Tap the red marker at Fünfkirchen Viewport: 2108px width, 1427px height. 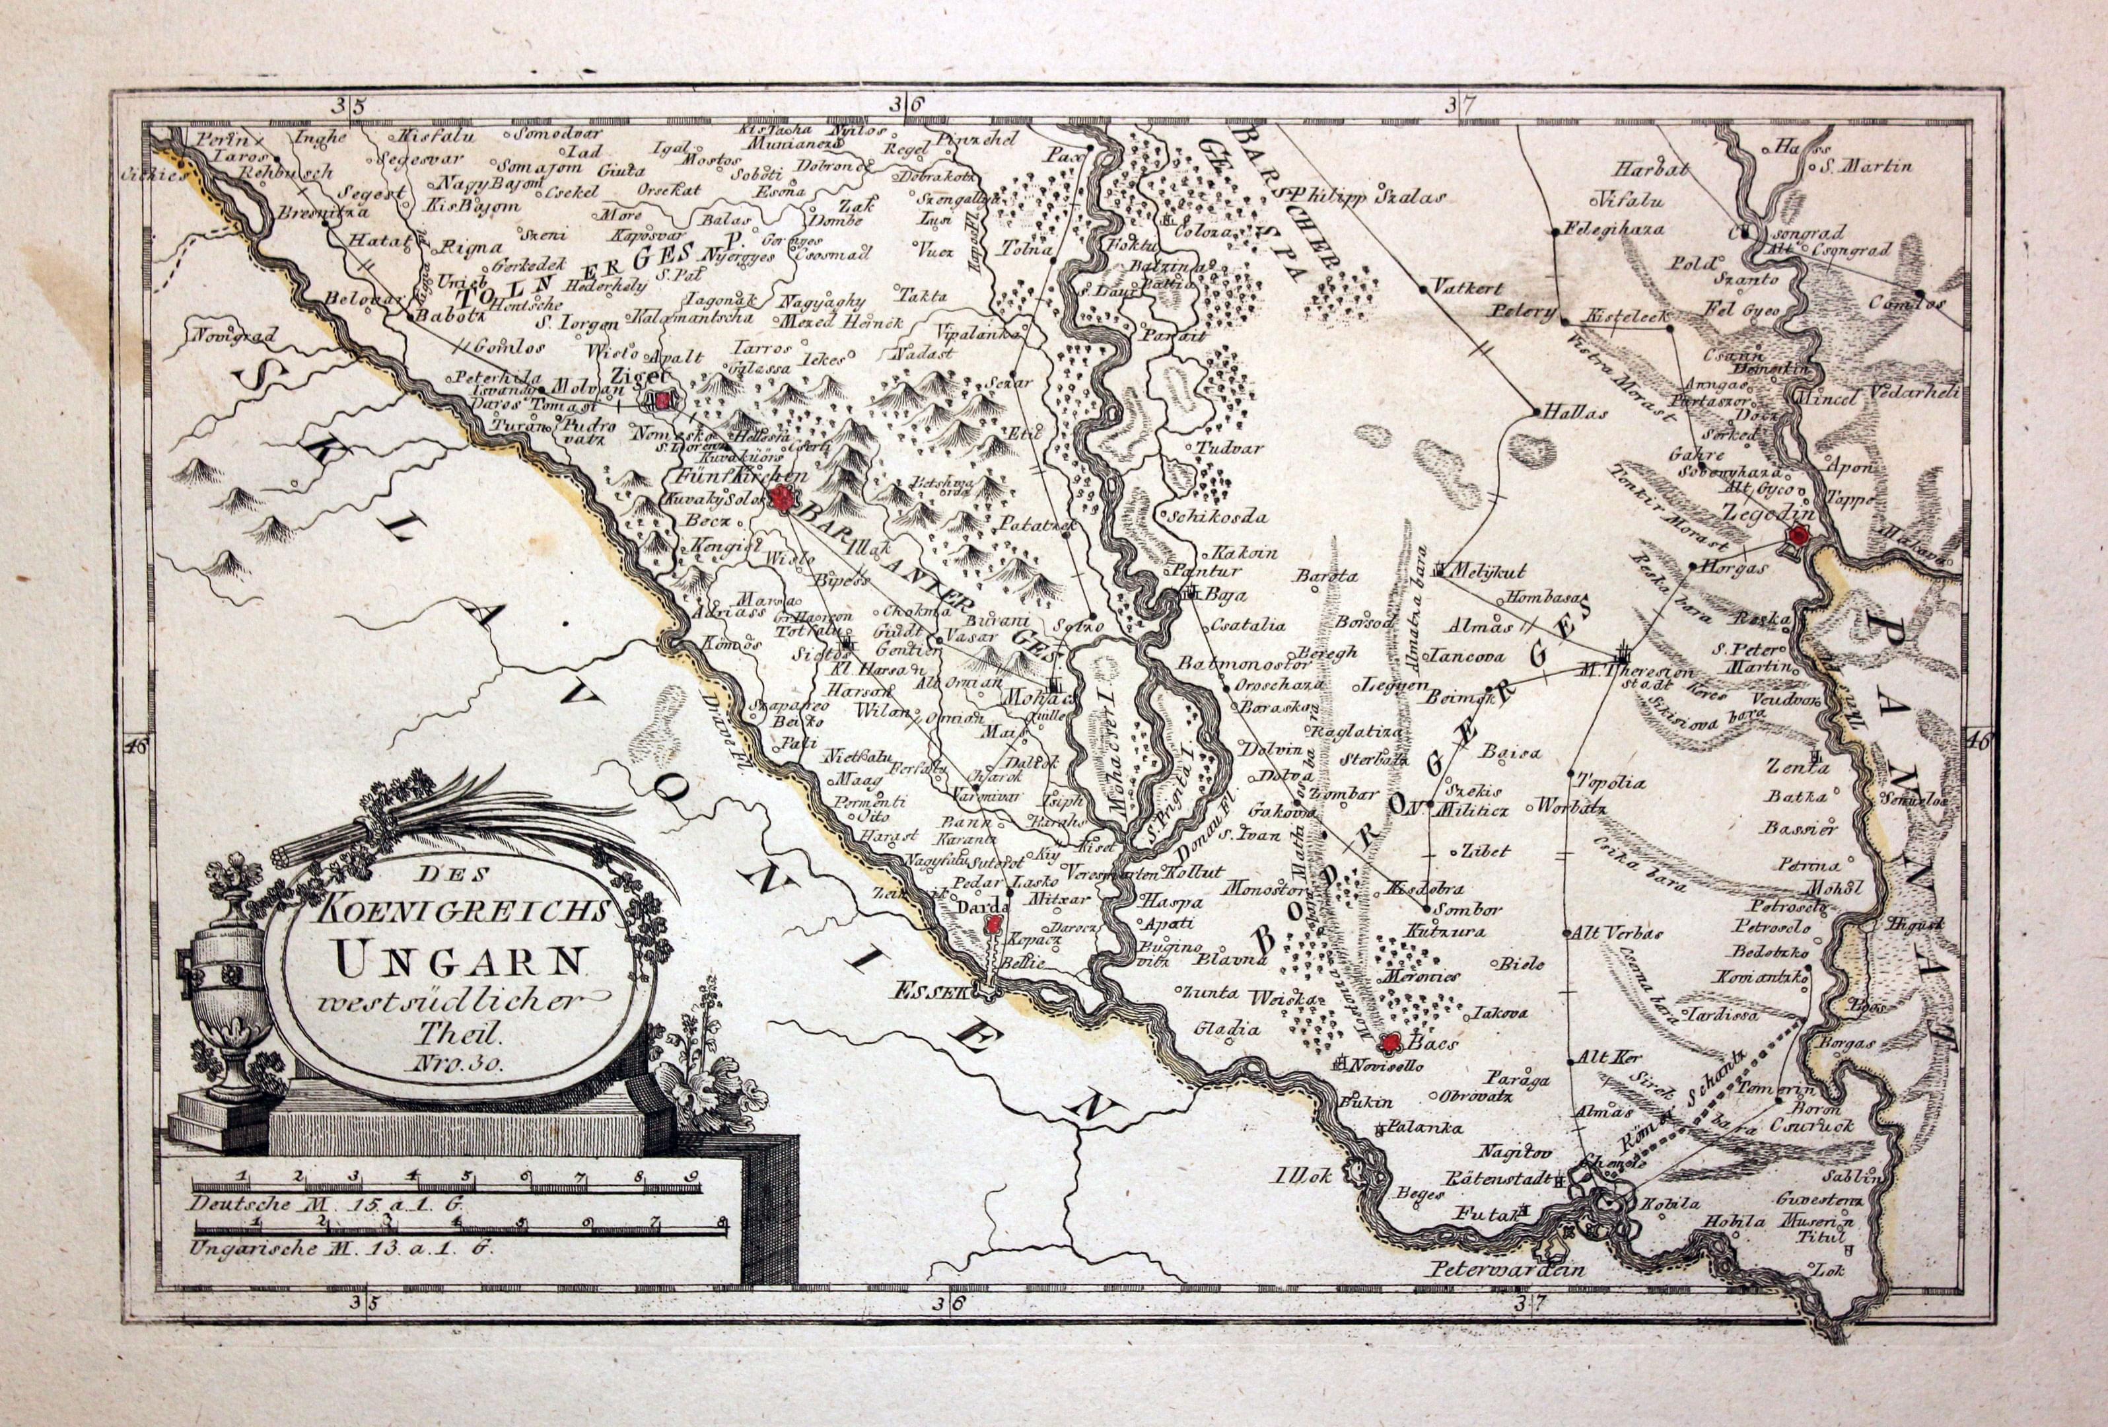click(x=781, y=496)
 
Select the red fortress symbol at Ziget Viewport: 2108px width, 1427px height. click(x=665, y=399)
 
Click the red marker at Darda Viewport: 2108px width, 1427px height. click(x=993, y=926)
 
